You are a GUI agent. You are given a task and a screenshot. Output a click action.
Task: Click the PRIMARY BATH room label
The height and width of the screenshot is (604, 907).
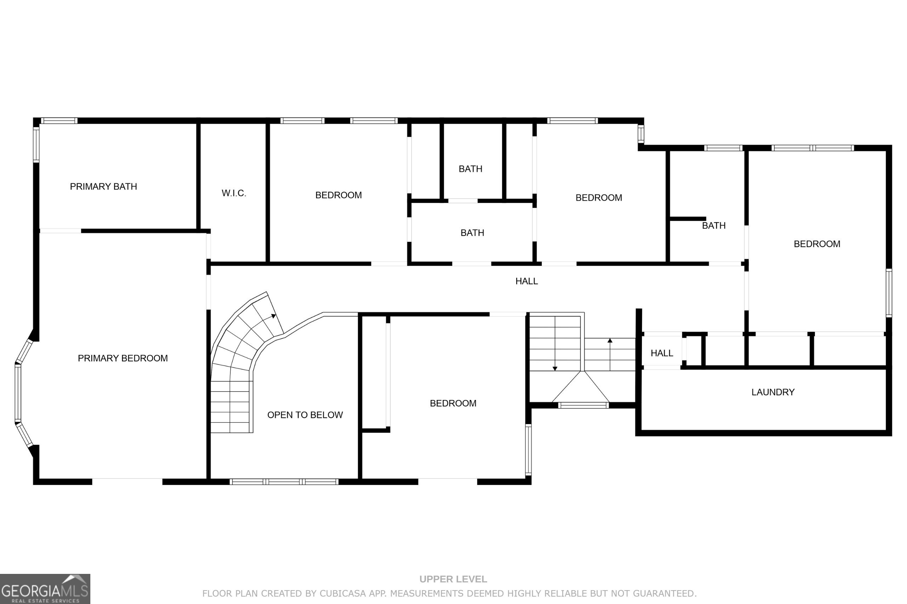pos(103,186)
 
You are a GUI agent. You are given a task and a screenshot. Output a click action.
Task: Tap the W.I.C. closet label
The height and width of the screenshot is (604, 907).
pos(234,193)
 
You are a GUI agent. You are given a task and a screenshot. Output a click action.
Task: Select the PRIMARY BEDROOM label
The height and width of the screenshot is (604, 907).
pos(123,358)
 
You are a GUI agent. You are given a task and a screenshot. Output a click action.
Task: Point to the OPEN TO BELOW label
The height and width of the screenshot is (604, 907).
pos(305,415)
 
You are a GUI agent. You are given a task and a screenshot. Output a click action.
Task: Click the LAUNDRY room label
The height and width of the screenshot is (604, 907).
pos(773,392)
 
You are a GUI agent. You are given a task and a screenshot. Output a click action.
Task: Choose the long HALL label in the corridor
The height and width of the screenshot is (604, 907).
pos(526,281)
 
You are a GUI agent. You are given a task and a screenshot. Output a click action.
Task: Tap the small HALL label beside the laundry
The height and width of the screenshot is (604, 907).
pos(662,353)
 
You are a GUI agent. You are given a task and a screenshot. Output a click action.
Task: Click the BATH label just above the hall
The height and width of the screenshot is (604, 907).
pos(472,233)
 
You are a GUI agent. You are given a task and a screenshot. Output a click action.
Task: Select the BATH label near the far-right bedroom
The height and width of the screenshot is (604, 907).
pos(713,226)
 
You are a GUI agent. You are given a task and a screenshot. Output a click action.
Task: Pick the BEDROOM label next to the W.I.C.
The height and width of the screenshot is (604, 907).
pos(338,195)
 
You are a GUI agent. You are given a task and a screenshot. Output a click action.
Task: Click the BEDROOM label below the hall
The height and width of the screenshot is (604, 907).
pos(453,403)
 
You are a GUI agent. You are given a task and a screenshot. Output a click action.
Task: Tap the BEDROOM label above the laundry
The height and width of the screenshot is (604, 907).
pos(817,244)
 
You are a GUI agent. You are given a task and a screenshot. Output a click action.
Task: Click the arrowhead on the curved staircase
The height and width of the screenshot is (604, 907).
pos(274,316)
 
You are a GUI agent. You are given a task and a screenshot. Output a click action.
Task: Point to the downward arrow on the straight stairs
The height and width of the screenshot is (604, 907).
pos(555,368)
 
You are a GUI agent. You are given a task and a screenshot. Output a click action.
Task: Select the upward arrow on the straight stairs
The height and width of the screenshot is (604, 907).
pos(610,340)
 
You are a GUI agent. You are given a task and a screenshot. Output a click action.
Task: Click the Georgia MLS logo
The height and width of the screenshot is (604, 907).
pos(45,589)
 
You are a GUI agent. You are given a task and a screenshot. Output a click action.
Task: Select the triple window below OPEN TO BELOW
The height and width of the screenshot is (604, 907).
pos(284,481)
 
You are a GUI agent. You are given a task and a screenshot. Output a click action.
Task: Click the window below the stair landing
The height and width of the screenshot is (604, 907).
pos(583,405)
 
